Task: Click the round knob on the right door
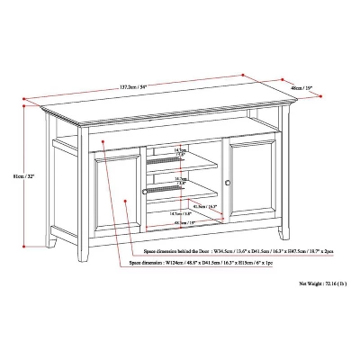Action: tap(229, 184)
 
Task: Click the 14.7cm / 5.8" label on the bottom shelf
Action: tap(183, 213)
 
